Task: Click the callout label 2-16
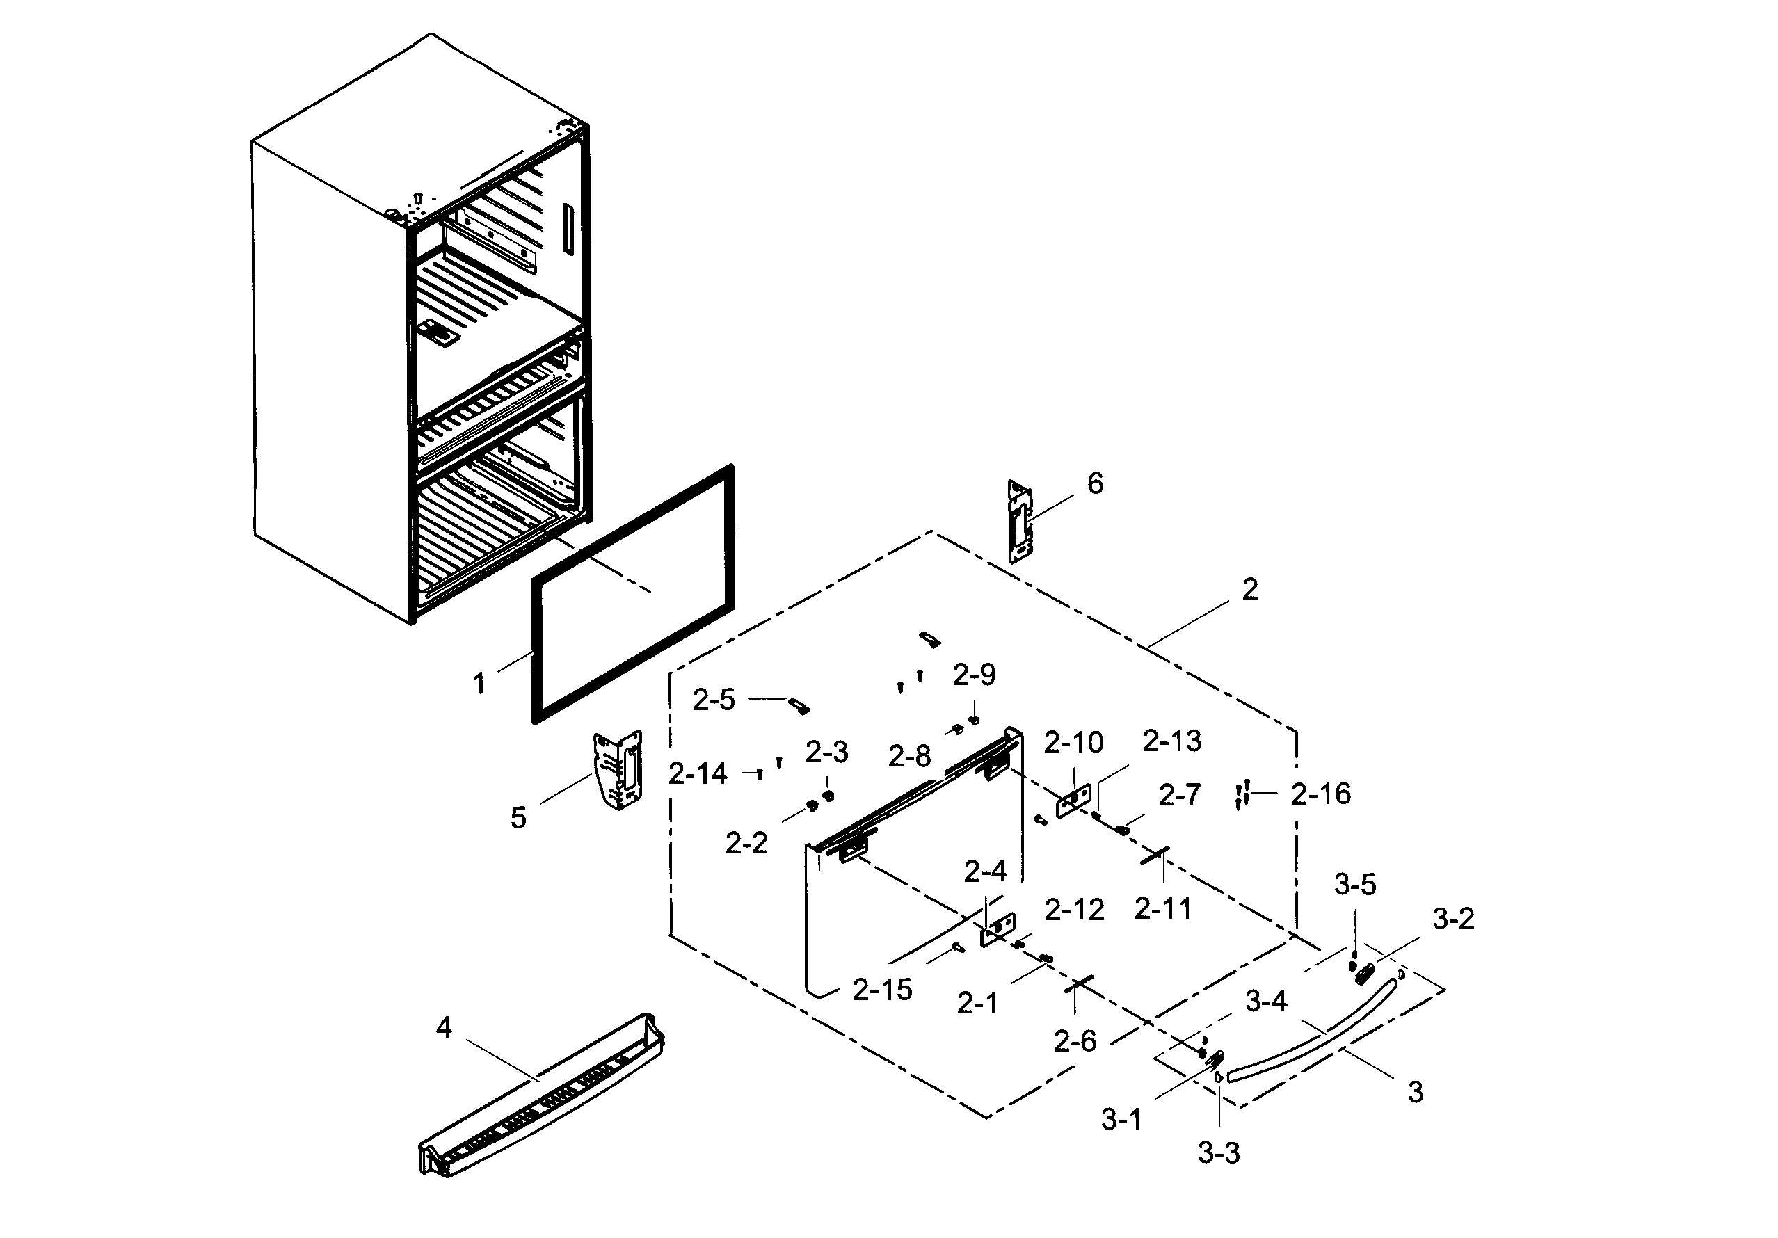point(1320,794)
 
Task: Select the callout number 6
point(1095,484)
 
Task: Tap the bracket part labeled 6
point(1020,521)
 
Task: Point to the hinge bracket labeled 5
point(618,771)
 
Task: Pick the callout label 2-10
point(1073,743)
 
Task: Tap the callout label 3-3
point(1219,1154)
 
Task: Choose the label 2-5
point(713,700)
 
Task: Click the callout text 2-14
point(698,773)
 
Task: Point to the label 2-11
point(1163,909)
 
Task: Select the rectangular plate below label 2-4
point(998,929)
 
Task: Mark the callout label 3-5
point(1355,885)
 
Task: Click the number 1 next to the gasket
point(479,684)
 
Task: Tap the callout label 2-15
point(882,990)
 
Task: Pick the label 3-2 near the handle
point(1452,919)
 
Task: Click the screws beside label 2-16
point(1243,794)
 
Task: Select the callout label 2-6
point(1075,1042)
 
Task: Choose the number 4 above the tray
point(444,1027)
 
